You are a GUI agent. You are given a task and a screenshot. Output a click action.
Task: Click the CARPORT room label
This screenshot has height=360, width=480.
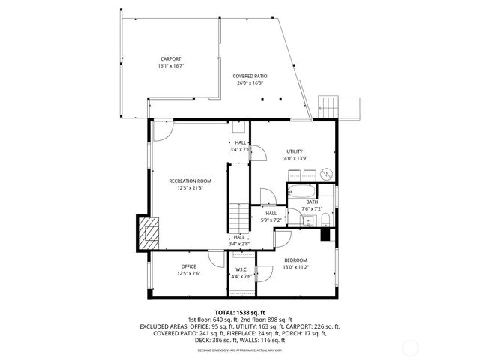tap(170, 59)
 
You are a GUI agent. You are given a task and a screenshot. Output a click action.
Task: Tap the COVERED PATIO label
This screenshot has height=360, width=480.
tap(251, 76)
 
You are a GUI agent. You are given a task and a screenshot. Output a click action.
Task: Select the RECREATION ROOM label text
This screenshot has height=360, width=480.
tap(190, 181)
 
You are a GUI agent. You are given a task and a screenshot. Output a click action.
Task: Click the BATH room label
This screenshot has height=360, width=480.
tap(311, 202)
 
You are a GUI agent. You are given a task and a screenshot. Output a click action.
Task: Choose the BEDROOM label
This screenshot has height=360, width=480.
tap(295, 259)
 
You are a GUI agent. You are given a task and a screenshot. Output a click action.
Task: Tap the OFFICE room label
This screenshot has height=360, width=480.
tap(188, 266)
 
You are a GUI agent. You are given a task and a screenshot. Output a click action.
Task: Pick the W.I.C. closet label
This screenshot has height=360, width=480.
tap(241, 269)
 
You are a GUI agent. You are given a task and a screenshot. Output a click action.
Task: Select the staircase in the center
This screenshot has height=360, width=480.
tap(238, 217)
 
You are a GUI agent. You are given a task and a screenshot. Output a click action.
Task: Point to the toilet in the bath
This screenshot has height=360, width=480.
tap(327, 220)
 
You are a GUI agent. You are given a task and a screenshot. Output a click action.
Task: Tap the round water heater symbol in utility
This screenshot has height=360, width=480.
tap(326, 173)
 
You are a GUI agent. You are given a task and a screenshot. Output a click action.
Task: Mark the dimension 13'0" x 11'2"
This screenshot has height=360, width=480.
tap(295, 266)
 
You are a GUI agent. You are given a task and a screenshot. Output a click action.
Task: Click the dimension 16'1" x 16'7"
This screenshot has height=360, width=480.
tap(170, 66)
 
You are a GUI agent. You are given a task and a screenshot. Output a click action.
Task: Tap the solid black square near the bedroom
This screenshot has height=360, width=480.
tap(325, 235)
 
